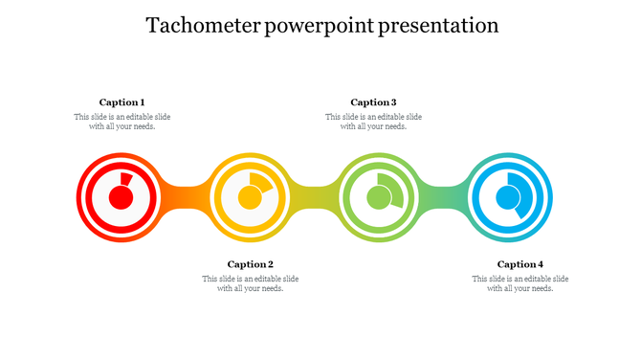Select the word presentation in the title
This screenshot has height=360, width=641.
click(438, 26)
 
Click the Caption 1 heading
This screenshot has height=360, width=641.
click(122, 102)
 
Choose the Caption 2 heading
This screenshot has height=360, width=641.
click(251, 264)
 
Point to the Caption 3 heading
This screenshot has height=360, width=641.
click(373, 102)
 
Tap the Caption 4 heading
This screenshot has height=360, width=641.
click(520, 264)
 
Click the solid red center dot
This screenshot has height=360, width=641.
click(121, 198)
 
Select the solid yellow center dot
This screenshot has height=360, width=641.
click(249, 198)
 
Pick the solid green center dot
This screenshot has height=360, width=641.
click(379, 198)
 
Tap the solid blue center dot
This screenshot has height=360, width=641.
click(507, 198)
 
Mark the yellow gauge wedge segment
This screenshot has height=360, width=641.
click(261, 183)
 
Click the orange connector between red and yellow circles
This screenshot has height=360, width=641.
click(185, 198)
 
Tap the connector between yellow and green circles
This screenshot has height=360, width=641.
click(314, 198)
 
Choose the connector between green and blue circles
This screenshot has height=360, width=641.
click(443, 198)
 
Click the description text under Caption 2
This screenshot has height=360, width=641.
click(251, 283)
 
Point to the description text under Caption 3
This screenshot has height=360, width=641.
click(373, 122)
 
